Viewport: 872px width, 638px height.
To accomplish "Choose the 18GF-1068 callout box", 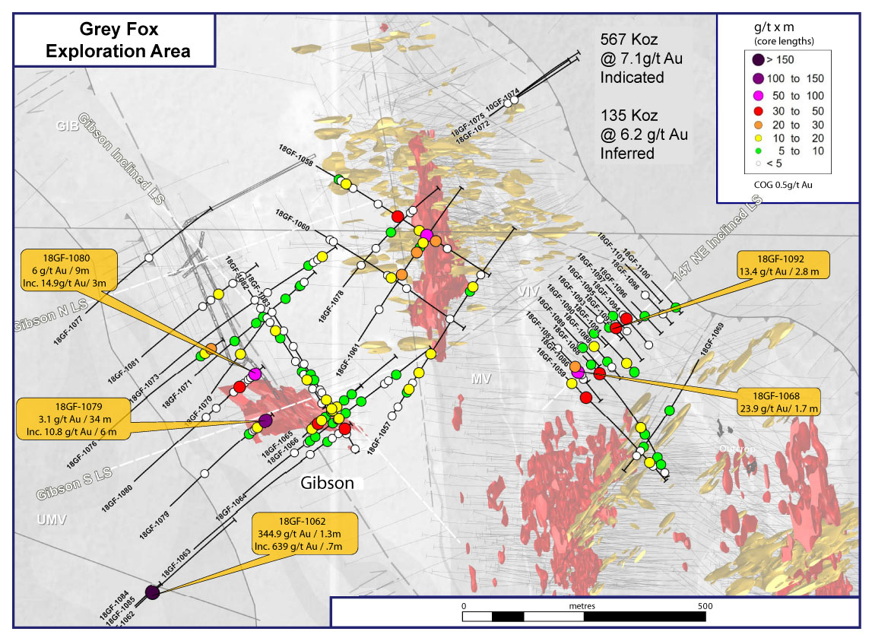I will point(778,402).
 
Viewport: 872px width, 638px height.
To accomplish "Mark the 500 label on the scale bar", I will point(705,606).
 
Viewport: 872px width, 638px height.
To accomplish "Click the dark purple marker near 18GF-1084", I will point(152,592).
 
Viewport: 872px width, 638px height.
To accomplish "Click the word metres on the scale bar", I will point(582,606).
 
